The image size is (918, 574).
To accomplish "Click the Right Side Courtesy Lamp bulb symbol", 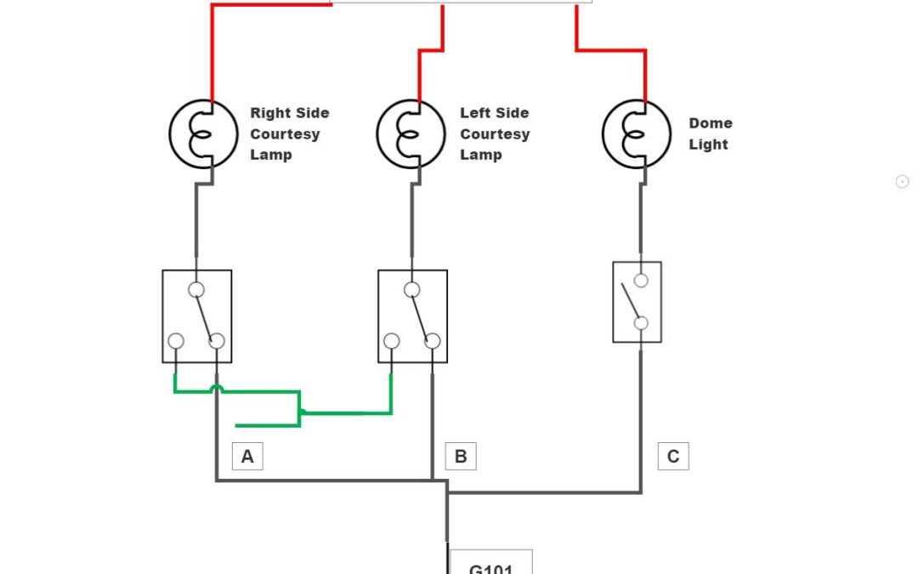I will [204, 134].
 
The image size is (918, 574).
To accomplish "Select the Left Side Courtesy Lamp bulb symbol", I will [411, 134].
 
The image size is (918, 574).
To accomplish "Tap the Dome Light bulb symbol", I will [637, 134].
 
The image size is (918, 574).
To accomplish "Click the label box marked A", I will [247, 457].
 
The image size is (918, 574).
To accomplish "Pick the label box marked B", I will [461, 457].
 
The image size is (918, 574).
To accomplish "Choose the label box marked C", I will [673, 457].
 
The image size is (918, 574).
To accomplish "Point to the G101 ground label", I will [491, 565].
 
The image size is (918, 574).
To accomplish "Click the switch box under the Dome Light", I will [637, 302].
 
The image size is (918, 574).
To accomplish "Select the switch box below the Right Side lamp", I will [197, 316].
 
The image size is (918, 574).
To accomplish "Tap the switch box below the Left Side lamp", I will [413, 316].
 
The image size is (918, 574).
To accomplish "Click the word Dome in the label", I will [711, 123].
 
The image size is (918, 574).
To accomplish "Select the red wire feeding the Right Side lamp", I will [212, 51].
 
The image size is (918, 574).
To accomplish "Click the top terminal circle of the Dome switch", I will [641, 281].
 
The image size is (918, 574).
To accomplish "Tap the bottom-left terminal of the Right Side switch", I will [176, 342].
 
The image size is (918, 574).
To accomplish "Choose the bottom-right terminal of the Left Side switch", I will [433, 342].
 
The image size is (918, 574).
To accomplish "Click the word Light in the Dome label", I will [709, 145].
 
